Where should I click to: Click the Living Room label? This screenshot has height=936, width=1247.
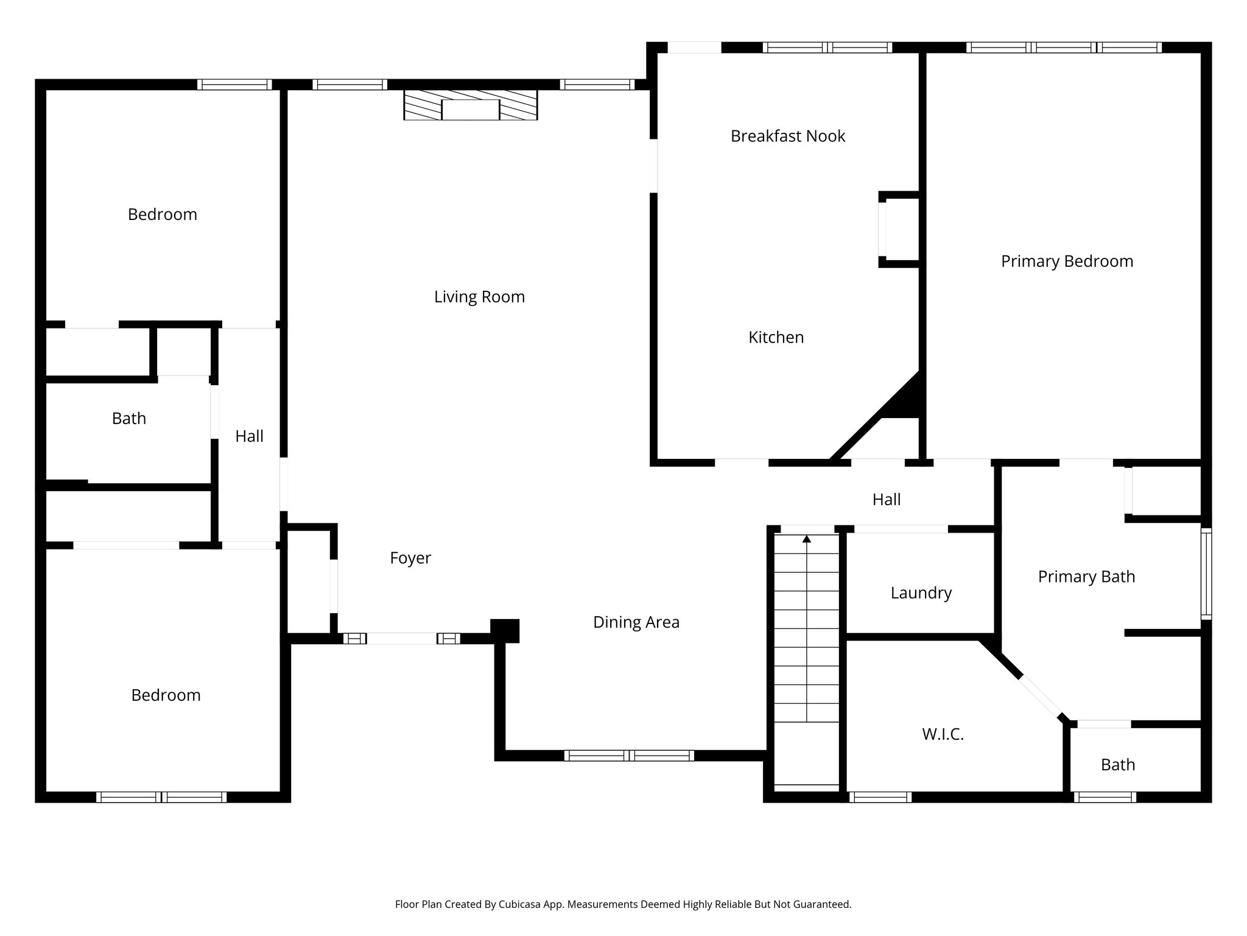479,297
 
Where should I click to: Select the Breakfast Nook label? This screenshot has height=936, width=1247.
787,136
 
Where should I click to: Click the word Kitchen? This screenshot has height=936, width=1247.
776,337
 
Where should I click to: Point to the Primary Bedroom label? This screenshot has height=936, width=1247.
1067,261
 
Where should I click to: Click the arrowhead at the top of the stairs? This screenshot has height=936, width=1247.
807,539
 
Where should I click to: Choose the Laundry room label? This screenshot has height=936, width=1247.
921,593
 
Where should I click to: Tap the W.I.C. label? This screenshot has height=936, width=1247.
943,734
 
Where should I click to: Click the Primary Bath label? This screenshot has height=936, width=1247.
1086,576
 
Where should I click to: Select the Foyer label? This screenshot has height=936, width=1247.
410,558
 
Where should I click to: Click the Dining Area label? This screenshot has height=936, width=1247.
636,622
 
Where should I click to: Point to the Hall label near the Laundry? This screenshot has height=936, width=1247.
886,500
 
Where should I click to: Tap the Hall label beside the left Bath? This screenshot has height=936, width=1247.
249,436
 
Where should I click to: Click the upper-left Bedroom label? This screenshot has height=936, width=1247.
162,214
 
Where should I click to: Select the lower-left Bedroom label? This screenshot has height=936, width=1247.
166,695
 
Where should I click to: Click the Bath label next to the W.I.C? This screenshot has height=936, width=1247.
1117,765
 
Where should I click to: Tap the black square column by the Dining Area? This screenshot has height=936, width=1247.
505,631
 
